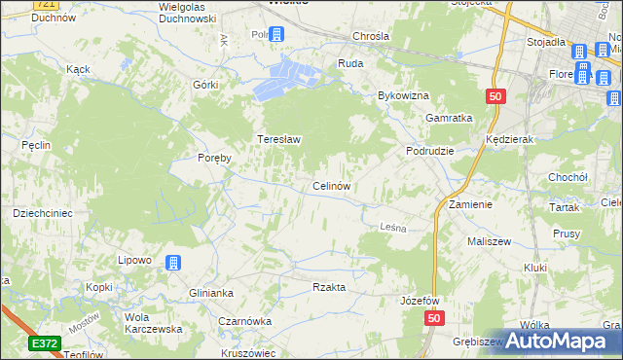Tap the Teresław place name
coord(278,139)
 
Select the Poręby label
coord(213,159)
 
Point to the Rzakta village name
coord(329,287)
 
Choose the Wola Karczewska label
coord(143,323)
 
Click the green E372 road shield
coord(44,343)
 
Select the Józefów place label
coord(421,301)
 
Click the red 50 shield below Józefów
coord(434,319)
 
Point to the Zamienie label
coord(470,205)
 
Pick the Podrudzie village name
coord(430,152)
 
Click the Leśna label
coord(391,227)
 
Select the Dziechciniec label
coord(37,212)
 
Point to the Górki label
coord(205,85)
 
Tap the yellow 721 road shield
coord(43,4)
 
